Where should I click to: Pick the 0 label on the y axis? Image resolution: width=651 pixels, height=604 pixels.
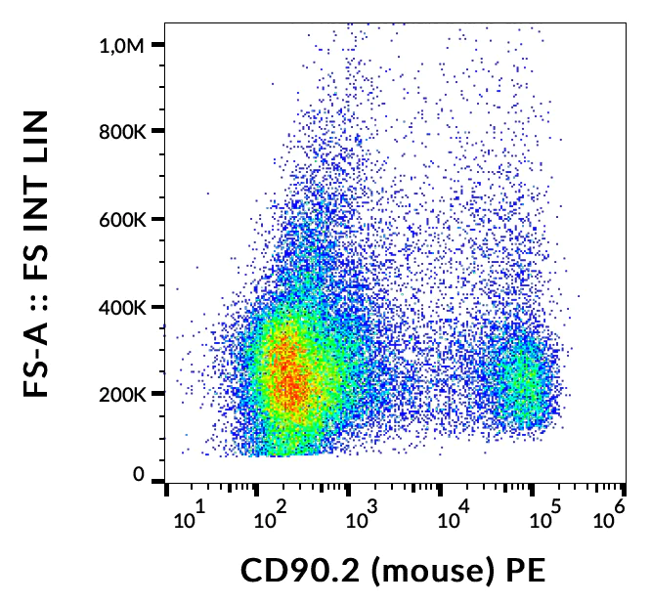coord(139,474)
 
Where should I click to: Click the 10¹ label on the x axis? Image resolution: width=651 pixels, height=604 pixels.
coord(191,514)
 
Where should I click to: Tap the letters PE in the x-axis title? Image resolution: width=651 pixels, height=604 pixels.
coord(522,571)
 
